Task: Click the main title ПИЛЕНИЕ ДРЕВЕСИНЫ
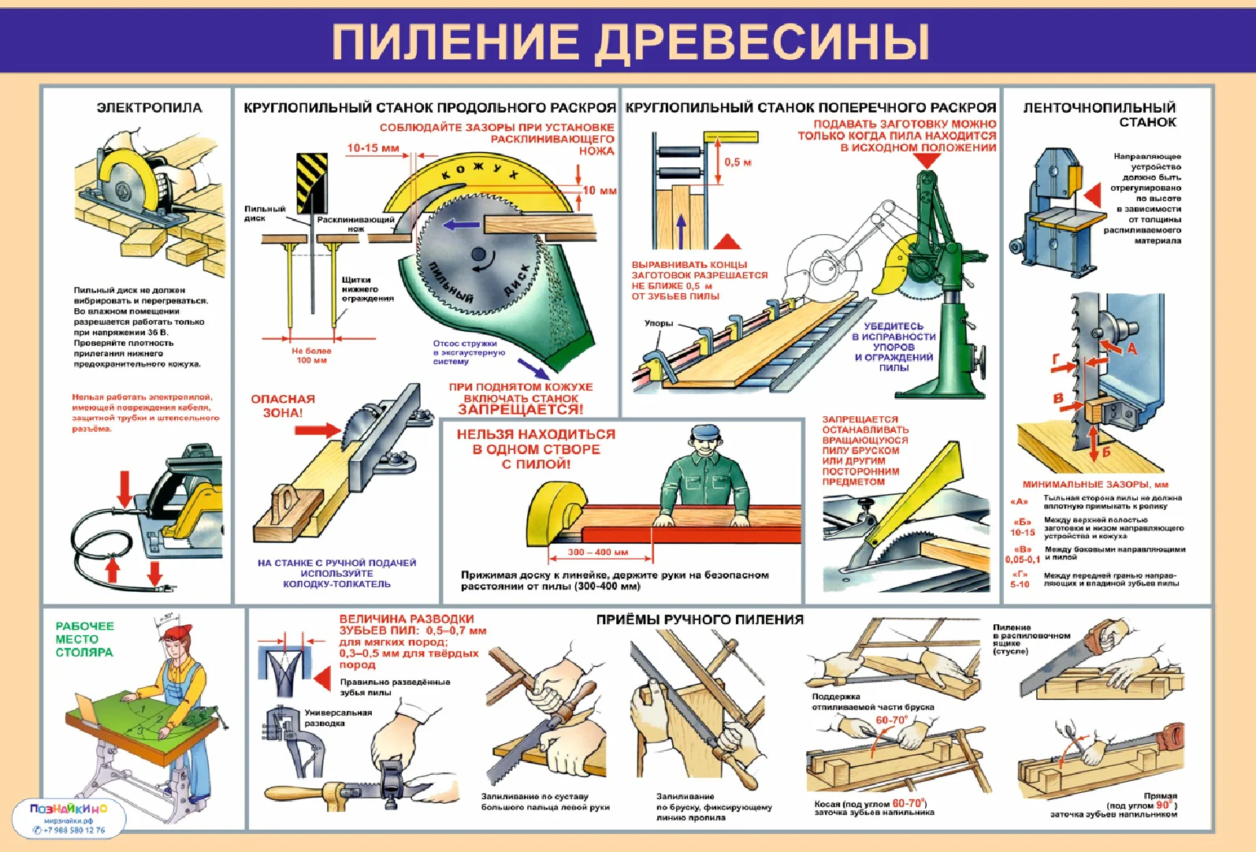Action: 630,41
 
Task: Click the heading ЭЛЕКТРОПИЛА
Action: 149,108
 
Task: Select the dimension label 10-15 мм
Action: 373,148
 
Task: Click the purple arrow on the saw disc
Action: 460,225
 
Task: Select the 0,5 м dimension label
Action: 738,162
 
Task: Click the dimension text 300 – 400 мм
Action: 598,552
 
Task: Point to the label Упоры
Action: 659,323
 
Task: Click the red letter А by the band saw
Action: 1132,349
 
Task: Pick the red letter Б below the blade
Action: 1106,452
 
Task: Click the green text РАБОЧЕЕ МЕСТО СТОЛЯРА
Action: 84,639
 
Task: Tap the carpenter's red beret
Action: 178,632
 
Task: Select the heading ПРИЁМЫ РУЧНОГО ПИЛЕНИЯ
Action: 700,619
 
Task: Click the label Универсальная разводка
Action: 337,717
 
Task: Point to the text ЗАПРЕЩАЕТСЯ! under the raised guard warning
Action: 521,409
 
